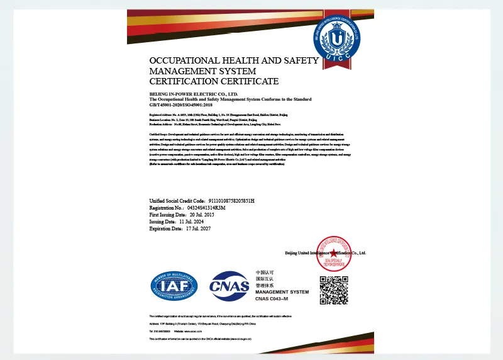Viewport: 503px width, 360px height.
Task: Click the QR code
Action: pyautogui.click(x=334, y=290)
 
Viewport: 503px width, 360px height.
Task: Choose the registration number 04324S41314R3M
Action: pyautogui.click(x=206, y=207)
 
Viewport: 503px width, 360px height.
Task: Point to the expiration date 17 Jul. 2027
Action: pyautogui.click(x=196, y=228)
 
